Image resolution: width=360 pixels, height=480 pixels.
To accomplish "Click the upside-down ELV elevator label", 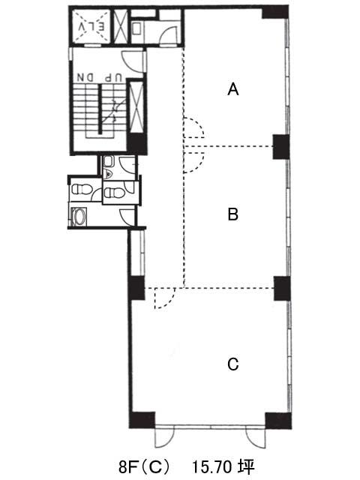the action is coord(91,27).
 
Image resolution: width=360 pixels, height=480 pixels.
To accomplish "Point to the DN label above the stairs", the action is coord(85,77).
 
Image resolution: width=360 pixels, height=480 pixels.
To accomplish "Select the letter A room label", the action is coord(233,89).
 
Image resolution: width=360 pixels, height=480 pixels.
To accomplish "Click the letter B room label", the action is coord(233,214).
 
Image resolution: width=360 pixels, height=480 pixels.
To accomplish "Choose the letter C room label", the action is coord(233,364).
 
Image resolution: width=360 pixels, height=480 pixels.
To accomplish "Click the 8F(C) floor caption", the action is coord(143,467).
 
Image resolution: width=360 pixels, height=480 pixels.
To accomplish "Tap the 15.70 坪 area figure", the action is coord(223,467).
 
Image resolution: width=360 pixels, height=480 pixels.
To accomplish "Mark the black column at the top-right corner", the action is coord(275,13).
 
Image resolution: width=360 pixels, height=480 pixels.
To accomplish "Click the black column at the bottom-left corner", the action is coord(142,420).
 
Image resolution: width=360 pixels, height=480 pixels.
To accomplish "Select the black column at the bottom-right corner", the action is coord(278,421).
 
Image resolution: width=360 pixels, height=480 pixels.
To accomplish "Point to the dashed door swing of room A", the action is coord(193,127).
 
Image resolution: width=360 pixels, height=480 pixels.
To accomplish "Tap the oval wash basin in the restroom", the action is coord(79,217).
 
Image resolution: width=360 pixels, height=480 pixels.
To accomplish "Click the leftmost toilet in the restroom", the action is coord(82,189).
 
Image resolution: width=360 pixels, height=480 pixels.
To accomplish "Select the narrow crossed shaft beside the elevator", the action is coord(120,27).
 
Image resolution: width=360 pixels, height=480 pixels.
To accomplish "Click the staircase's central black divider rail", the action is coord(100,109).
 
